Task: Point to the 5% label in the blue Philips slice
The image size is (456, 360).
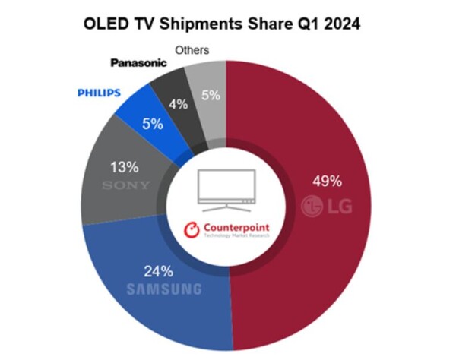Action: coord(153,122)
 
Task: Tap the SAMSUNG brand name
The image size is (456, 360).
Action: coord(165,289)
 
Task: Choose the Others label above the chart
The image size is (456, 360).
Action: coord(192,50)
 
